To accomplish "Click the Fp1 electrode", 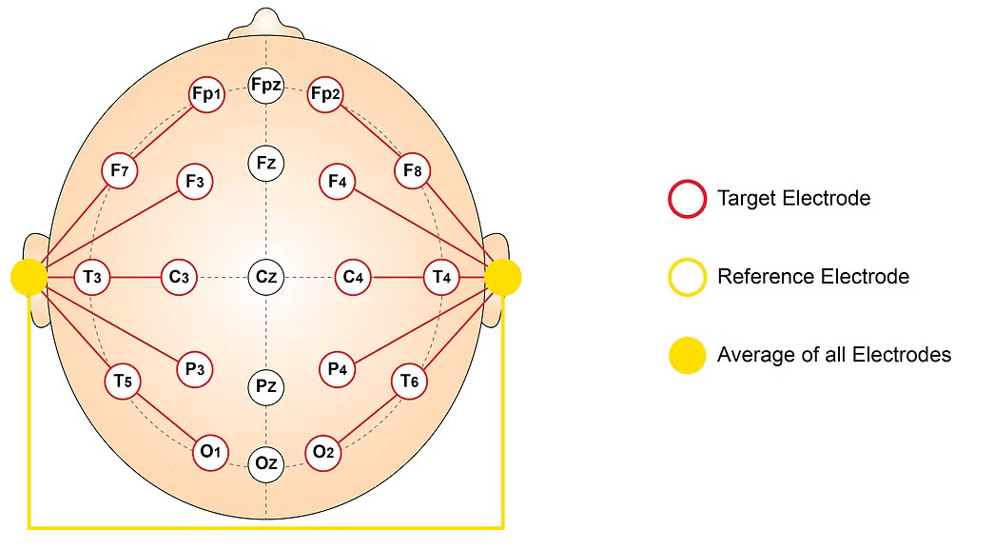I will coord(206,94).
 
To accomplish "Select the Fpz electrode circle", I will coord(265,86).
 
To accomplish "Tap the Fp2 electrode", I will coord(325,94).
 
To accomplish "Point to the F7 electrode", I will coord(119,171).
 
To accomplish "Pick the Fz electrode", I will coord(265,163).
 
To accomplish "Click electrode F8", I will coord(412,171).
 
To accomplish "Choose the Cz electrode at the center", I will coord(265,277).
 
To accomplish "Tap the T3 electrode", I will coord(92,277).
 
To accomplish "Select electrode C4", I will coord(353,277).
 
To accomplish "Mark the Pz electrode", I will coord(265,386).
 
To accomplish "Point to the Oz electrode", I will coord(265,463).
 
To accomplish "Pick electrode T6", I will coord(409,381).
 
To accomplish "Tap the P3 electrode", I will coord(194,369).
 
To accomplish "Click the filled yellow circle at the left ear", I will coord(29,277).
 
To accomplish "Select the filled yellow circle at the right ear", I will coord(502,277).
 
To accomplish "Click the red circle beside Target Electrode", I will coord(687,199).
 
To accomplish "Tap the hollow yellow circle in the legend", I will coord(687,277).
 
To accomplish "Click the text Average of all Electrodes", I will coord(833,355).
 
